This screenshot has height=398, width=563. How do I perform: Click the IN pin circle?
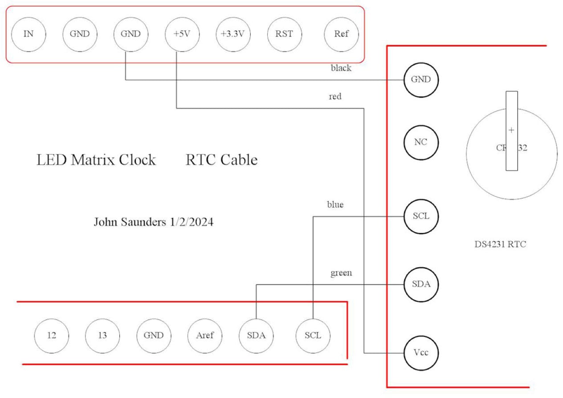pyautogui.click(x=29, y=34)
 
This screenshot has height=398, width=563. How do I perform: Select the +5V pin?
pyautogui.click(x=177, y=34)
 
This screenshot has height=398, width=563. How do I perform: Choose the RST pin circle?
pyautogui.click(x=284, y=34)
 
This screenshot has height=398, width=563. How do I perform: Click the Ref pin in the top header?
pyautogui.click(x=341, y=34)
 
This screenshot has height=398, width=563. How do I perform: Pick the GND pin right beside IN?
pyautogui.click(x=80, y=34)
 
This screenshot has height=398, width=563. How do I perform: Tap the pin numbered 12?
pyautogui.click(x=52, y=335)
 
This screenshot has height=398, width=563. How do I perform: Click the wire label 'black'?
pyautogui.click(x=341, y=68)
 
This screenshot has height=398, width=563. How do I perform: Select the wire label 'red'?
pyautogui.click(x=335, y=96)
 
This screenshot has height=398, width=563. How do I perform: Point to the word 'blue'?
pyautogui.click(x=335, y=205)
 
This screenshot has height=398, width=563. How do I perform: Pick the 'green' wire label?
pyautogui.click(x=341, y=273)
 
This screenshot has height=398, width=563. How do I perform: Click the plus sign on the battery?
pyautogui.click(x=511, y=130)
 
